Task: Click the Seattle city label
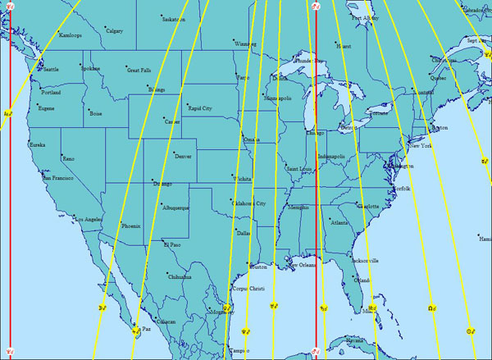tap(51, 70)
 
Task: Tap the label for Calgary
tap(115, 32)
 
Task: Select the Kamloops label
tap(71, 35)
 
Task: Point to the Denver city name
tap(183, 156)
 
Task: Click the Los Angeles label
tap(89, 220)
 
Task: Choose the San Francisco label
tap(58, 178)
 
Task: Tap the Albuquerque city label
tap(176, 208)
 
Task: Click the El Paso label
tap(171, 244)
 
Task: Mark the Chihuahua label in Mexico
tap(180, 277)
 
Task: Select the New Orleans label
tap(303, 265)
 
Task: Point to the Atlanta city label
tap(339, 222)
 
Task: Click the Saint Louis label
tap(299, 169)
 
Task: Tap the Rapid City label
tap(200, 108)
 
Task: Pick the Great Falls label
tap(139, 71)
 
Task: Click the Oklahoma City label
tap(250, 203)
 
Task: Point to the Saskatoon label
tap(174, 19)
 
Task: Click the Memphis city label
tap(299, 207)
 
